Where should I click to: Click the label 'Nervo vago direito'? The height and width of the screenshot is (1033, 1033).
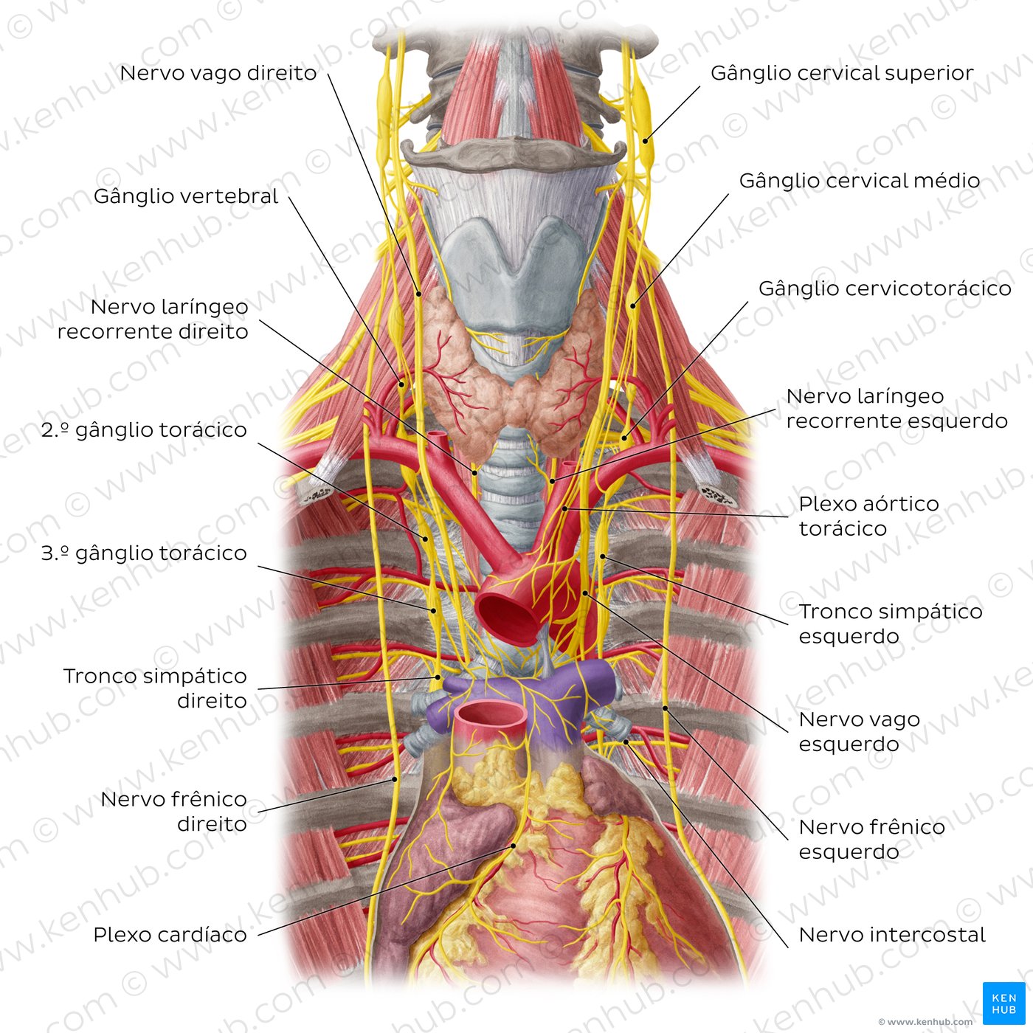coord(218,73)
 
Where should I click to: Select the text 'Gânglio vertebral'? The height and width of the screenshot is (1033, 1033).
coord(185,196)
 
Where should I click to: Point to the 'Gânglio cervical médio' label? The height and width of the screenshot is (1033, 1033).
coord(860,181)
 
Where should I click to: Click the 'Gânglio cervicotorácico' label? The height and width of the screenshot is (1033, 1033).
coord(885,289)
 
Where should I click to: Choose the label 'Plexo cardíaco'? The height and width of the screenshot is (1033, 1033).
coord(170,934)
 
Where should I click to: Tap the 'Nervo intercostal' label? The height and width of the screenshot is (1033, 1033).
coord(892,934)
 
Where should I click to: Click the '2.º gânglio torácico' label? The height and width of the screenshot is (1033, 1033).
coord(144,430)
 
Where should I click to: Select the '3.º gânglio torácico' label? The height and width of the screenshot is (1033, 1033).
coord(144,553)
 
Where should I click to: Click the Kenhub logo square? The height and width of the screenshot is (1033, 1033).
coord(1003,1003)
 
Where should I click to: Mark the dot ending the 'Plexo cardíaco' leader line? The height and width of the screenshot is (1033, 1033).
coord(513,846)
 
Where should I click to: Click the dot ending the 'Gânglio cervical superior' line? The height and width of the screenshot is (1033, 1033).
coord(646,142)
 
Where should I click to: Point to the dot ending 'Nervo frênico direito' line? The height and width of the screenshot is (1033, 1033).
coord(395,779)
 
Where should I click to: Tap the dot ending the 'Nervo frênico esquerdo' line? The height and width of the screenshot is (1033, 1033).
coord(665,708)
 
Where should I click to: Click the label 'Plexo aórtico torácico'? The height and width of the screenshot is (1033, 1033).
coord(869,516)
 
